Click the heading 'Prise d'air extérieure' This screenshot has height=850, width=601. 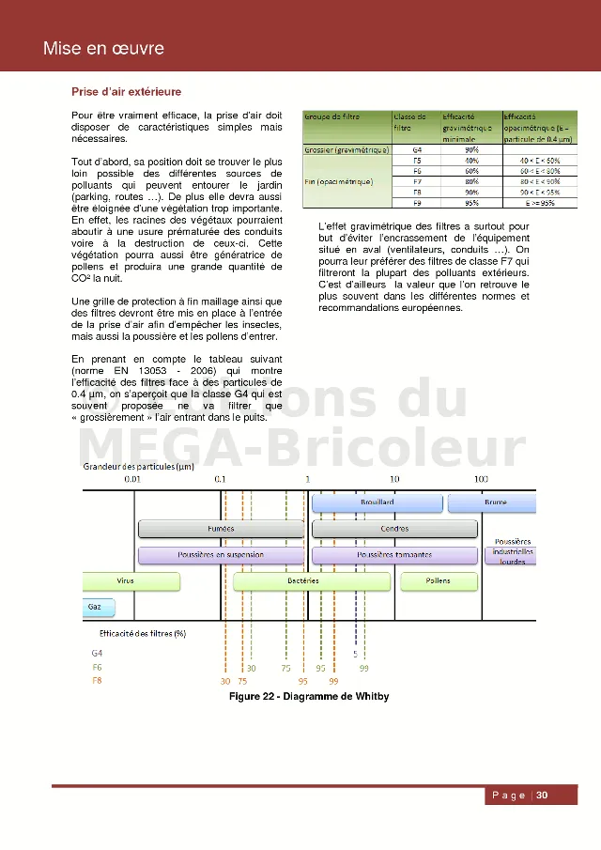coord(126,92)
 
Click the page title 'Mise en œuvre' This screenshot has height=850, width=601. coord(103,49)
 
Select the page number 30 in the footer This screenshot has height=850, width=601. coord(542,796)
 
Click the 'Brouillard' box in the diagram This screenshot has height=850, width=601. coord(377,503)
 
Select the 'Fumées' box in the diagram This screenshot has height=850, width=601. coord(221,529)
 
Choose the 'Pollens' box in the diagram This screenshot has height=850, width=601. coord(438,581)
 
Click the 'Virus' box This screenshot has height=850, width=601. coord(125,581)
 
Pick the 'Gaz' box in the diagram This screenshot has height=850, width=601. coord(96,607)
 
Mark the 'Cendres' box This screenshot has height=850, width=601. coord(393,529)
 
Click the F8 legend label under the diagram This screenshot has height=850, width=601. coord(98,680)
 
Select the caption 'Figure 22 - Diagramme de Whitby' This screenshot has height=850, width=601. coord(309,696)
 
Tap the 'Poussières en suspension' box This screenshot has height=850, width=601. coord(221,555)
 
